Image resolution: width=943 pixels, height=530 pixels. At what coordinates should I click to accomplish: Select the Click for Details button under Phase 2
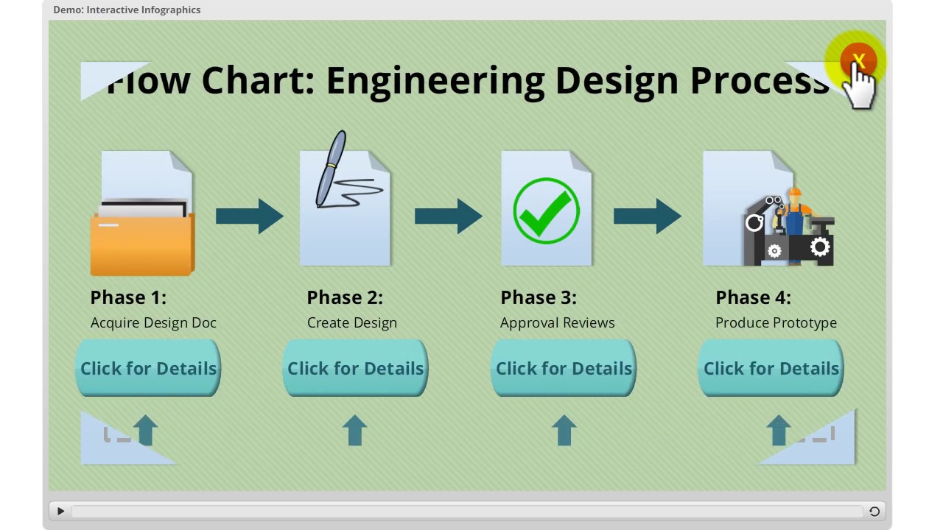pos(355,368)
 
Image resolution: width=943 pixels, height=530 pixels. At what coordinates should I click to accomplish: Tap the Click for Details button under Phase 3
pos(564,368)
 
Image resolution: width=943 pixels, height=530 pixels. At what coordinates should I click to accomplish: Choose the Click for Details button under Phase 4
pos(771,368)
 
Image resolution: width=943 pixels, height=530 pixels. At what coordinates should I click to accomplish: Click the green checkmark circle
pos(546,211)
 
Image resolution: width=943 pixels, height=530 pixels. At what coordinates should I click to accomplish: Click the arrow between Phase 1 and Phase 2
pos(249,216)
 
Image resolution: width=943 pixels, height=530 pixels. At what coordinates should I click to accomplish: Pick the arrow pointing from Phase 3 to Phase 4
pos(647,216)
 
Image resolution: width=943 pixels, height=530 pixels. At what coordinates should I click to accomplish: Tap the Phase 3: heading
pos(538,297)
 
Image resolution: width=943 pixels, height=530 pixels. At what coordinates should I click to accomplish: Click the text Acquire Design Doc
pos(153,322)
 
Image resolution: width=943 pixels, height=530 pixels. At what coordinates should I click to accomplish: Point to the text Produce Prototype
pos(776,322)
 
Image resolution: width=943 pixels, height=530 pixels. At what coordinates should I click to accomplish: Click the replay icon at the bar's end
pos(874,512)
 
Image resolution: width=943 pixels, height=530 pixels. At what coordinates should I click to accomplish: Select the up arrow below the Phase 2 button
pos(355,430)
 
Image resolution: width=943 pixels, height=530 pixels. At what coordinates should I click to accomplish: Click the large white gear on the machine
pos(820,247)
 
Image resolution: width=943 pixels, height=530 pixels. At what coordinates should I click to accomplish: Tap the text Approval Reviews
pos(557,322)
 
